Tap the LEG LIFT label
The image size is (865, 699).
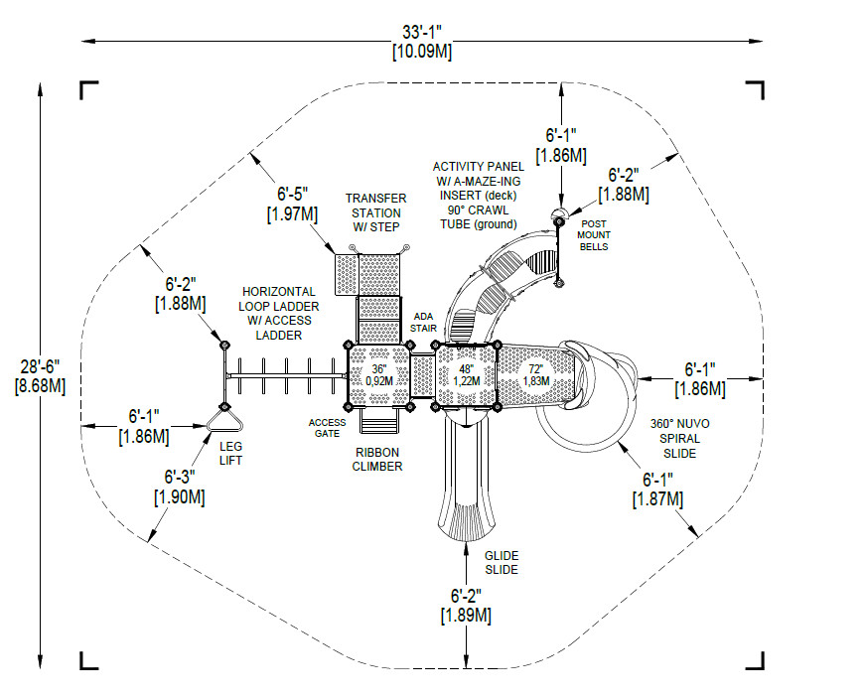click(229, 454)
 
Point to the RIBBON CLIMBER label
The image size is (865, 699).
click(378, 459)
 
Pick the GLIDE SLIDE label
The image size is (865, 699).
click(502, 563)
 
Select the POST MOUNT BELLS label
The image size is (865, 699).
click(595, 234)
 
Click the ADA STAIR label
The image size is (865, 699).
click(422, 322)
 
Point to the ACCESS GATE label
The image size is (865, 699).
click(327, 427)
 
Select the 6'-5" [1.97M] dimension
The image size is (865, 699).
click(291, 205)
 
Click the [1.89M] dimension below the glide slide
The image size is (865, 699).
click(466, 616)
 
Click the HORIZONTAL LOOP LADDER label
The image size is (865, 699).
click(278, 314)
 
